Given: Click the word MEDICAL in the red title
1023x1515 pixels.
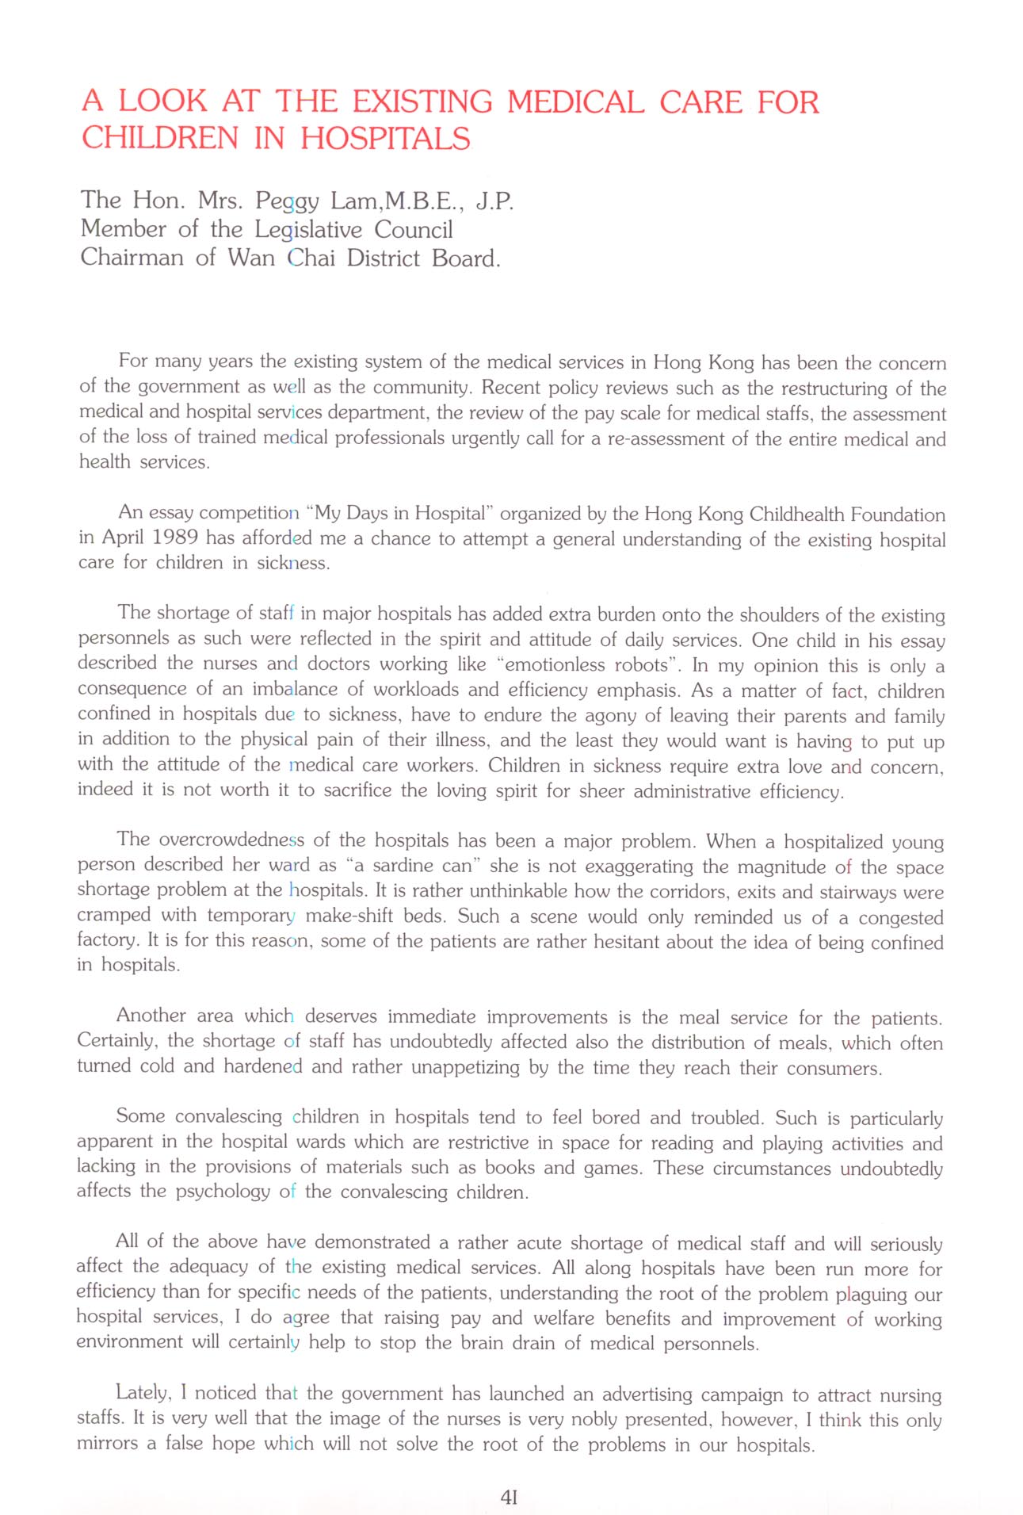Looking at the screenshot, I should point(575,102).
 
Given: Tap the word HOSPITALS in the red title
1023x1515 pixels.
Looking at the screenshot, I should point(385,139).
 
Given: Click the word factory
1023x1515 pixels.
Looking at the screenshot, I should point(102,940).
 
